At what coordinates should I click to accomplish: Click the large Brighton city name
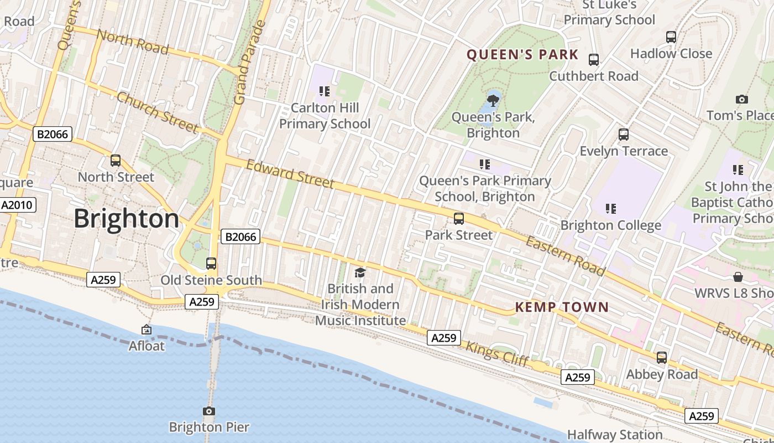coord(127,219)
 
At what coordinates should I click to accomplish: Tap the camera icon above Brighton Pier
coord(209,411)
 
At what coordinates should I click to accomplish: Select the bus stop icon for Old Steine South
coord(211,264)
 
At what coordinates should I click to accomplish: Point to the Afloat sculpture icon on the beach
coord(147,330)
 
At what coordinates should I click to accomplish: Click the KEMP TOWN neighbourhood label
coord(562,307)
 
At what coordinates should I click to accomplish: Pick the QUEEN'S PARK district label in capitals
coord(522,55)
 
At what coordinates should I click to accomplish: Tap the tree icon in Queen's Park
coord(493,101)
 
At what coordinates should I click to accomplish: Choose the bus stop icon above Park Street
coord(459,219)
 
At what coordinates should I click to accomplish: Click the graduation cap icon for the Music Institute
coord(360,272)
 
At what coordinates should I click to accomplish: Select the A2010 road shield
coord(18,205)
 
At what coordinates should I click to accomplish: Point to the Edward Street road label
coord(290,174)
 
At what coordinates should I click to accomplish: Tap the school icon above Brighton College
coord(610,209)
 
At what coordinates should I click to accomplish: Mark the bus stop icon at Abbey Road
coord(662,358)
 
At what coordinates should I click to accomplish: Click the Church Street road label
coord(158,112)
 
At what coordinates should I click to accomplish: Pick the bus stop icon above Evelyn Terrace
coord(624,135)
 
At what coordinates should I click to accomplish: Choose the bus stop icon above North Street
coord(116,161)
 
